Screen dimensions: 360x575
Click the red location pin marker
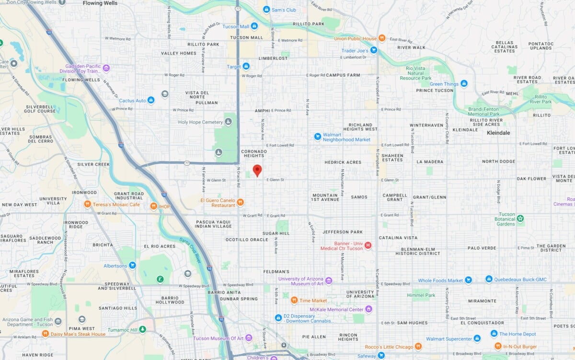click(x=257, y=170)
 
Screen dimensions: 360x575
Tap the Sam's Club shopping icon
click(x=266, y=10)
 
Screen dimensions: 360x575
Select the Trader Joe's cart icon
click(x=374, y=50)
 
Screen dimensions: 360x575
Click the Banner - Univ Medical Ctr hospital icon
click(x=368, y=245)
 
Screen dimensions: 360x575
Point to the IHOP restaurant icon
click(x=153, y=206)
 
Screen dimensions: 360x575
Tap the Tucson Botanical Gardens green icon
click(x=520, y=219)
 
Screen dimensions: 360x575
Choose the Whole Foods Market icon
click(x=469, y=280)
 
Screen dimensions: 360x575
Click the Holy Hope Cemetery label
click(x=200, y=122)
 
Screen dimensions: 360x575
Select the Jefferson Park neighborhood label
click(x=342, y=232)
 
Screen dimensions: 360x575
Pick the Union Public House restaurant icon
click(x=382, y=38)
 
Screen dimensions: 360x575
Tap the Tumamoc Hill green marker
click(x=142, y=329)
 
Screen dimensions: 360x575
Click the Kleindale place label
click(x=498, y=132)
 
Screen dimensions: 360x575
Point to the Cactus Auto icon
click(x=151, y=100)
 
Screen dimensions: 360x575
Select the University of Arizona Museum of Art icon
click(x=329, y=281)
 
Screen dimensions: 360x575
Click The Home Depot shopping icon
click(x=494, y=334)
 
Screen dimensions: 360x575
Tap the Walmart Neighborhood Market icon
click(x=317, y=137)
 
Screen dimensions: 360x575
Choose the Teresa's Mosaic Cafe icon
click(x=87, y=204)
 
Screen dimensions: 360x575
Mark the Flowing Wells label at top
click(x=100, y=3)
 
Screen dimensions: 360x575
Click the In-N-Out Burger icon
click(x=498, y=346)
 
